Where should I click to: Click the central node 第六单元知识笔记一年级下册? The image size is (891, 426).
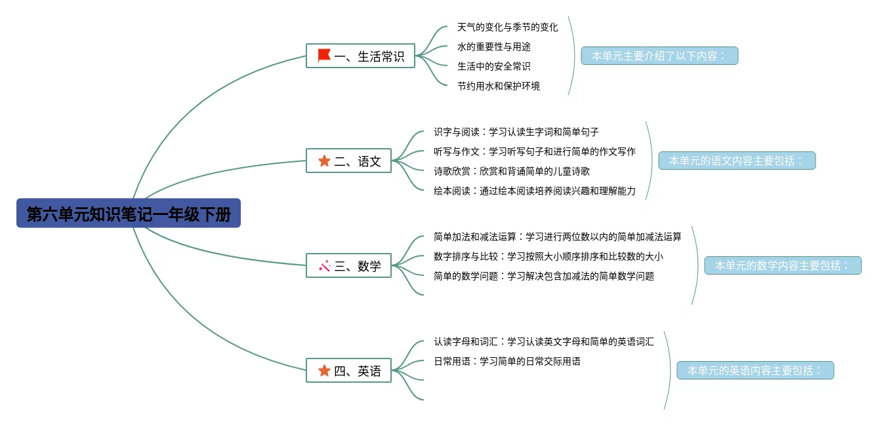(x=129, y=214)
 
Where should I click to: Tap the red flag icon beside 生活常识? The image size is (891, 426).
(x=324, y=56)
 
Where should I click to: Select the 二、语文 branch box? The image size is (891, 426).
(x=348, y=161)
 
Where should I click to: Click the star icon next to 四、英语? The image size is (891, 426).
(x=324, y=371)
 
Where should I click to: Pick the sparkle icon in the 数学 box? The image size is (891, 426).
(x=324, y=266)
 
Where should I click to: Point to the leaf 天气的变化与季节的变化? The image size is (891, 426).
(x=507, y=28)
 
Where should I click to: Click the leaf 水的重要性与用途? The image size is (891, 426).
(x=494, y=47)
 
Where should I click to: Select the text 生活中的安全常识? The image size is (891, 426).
(x=494, y=66)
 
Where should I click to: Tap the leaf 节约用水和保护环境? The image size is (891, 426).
(x=499, y=86)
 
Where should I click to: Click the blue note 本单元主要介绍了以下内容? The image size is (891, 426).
(x=659, y=56)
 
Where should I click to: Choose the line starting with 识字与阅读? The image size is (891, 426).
(x=516, y=132)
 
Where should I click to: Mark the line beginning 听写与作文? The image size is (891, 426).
(x=535, y=151)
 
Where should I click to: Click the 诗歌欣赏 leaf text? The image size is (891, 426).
(x=512, y=171)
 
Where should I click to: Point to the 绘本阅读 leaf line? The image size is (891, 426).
(x=535, y=191)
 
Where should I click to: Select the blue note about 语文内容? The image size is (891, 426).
(x=737, y=161)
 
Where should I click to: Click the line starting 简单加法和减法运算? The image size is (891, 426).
(x=558, y=237)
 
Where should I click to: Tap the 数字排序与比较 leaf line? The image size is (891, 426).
(x=549, y=256)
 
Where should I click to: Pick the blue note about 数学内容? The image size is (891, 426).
(x=783, y=265)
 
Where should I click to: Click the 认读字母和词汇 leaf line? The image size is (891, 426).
(x=544, y=341)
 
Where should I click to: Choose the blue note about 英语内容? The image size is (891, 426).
(x=755, y=370)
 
